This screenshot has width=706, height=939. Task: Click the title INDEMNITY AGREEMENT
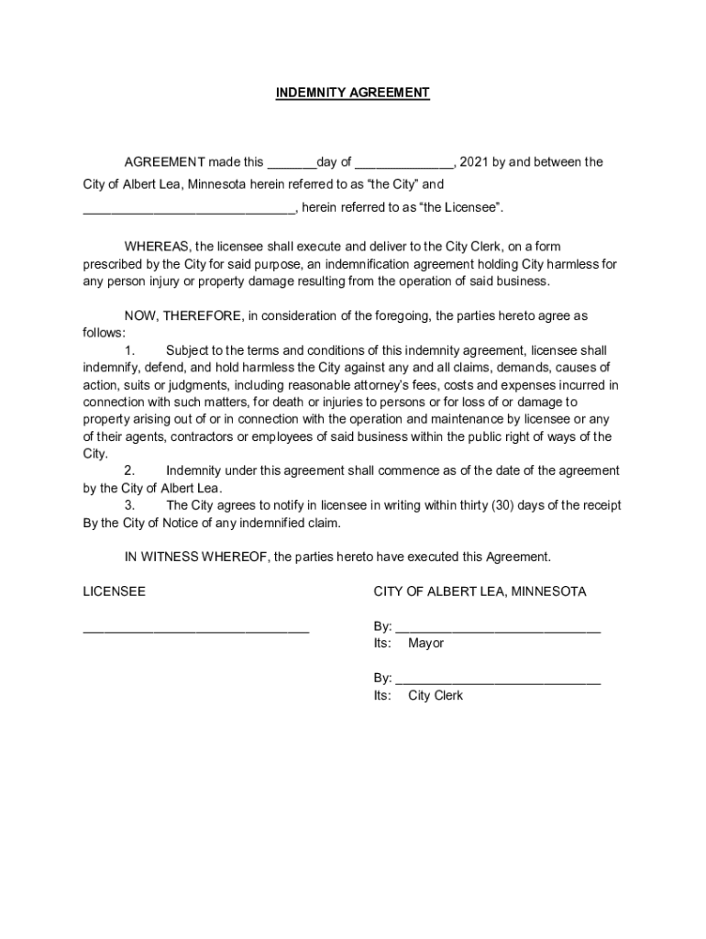353,93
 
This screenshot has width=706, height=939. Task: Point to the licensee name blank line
189,209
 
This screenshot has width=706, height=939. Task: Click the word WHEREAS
157,247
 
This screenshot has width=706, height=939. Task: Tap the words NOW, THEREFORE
184,315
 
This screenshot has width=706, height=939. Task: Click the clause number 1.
129,350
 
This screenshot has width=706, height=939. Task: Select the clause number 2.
129,470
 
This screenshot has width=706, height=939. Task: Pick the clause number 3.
129,505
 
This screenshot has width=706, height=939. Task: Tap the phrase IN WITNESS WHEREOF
197,557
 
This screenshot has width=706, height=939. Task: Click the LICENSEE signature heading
114,591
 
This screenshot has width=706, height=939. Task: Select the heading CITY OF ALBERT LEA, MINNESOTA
480,591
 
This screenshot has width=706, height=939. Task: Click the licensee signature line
195,630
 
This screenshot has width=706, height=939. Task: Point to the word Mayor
425,643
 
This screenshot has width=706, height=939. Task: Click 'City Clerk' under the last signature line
436,695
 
